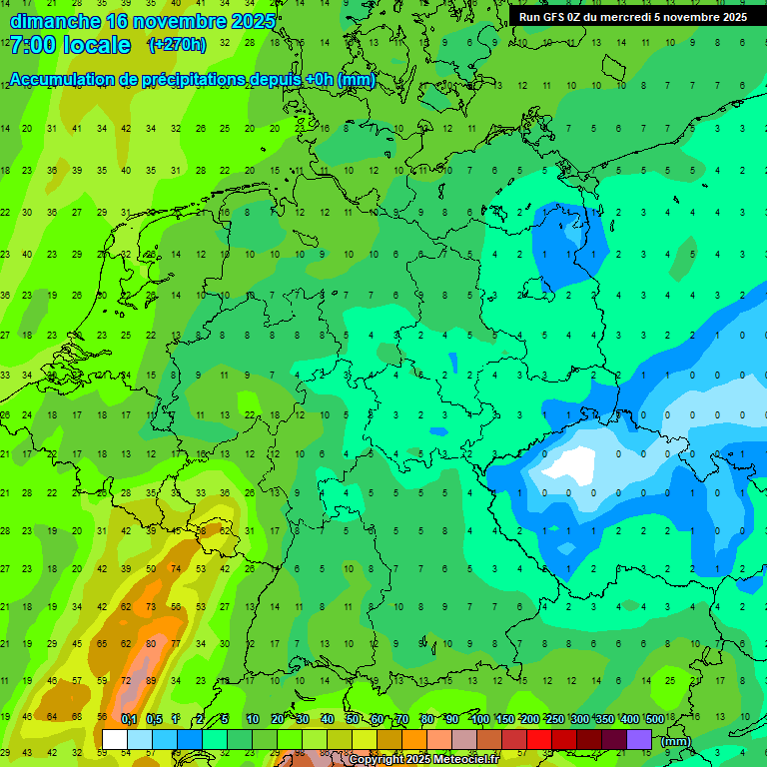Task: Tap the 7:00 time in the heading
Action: pos(33,45)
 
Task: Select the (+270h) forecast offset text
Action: pos(177,45)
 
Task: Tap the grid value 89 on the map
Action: pos(151,681)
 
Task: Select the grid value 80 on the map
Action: pos(151,644)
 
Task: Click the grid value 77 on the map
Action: pos(176,644)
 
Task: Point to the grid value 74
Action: pos(176,568)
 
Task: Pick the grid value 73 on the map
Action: pos(151,606)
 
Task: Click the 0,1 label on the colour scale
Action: pos(128,720)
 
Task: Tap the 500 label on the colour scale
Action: pos(655,720)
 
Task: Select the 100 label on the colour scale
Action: pos(480,720)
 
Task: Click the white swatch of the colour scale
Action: pos(115,739)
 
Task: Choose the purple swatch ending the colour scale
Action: pos(639,739)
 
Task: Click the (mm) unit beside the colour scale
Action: pos(676,741)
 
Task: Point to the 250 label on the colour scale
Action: pos(555,720)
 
